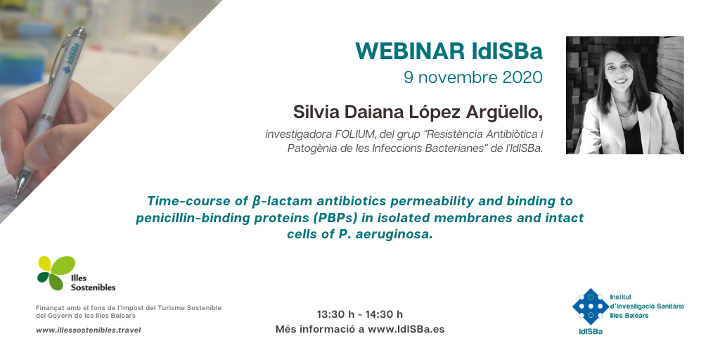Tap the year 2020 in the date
[522, 77]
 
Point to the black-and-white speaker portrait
[624, 95]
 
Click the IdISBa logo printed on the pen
[71, 58]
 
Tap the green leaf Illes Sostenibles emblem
[56, 272]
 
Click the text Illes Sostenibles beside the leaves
[93, 283]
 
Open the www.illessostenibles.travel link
[88, 330]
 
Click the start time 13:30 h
[335, 314]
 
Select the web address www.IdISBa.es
[406, 329]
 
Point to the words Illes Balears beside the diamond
[629, 316]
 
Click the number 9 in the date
[409, 77]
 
